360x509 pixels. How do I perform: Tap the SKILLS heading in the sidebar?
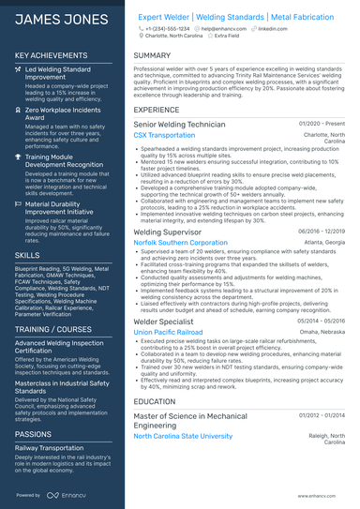(x=27, y=254)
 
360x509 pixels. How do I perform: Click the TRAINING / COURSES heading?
(x=52, y=331)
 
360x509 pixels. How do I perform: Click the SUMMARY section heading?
(x=152, y=55)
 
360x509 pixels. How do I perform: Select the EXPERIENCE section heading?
(x=157, y=110)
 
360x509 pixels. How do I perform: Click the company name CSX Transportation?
(x=164, y=135)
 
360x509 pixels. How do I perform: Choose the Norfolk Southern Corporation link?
(x=180, y=242)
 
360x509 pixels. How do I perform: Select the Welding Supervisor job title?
(x=167, y=231)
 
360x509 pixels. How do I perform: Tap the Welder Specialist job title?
(x=164, y=320)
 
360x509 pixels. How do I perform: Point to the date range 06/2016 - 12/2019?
(x=322, y=230)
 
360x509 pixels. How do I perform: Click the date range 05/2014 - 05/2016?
(x=322, y=319)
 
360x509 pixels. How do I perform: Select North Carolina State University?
(x=183, y=436)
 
